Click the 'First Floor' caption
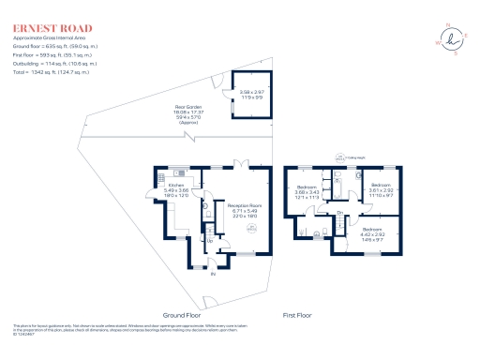(302, 315)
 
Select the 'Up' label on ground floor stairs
(210, 241)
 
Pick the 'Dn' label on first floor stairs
(339, 214)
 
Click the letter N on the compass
(447, 25)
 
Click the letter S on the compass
(455, 53)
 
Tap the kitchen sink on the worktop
(160, 175)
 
